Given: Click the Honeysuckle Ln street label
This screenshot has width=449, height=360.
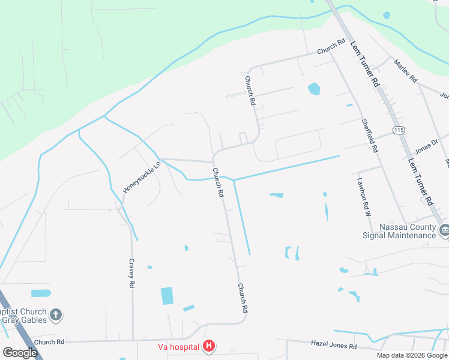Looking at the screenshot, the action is [142, 177].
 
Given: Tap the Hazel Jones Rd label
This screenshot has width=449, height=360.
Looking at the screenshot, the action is [334, 345].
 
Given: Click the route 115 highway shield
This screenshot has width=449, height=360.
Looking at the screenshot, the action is [398, 130].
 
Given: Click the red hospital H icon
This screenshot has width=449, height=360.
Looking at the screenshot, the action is [209, 346].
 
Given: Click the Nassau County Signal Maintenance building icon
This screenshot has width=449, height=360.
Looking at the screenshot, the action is [445, 230].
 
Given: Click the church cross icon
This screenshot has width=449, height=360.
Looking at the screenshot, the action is [56, 314].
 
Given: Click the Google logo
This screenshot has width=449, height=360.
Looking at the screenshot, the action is [20, 353].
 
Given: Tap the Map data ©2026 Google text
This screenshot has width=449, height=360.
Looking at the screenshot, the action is [411, 355].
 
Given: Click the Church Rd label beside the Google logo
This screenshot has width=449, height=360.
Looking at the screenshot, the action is [49, 342].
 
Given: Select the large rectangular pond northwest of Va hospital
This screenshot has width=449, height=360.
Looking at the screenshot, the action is [167, 296].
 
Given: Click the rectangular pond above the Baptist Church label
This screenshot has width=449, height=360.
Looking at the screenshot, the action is [41, 293].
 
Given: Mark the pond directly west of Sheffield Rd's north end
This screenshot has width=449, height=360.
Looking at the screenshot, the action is [314, 89].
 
